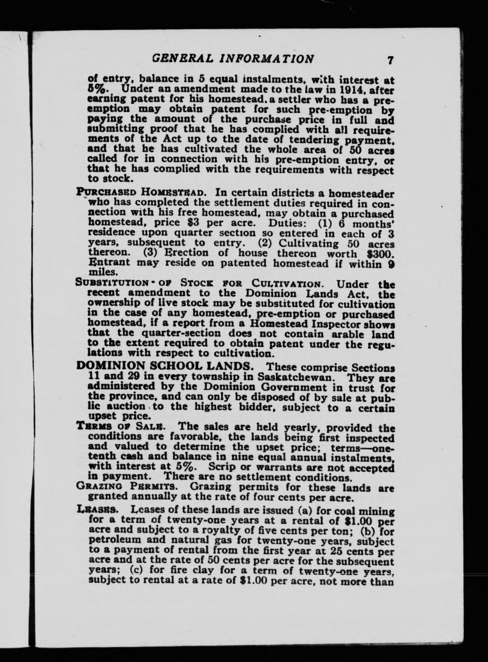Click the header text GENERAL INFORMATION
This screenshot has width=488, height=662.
tap(233, 59)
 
